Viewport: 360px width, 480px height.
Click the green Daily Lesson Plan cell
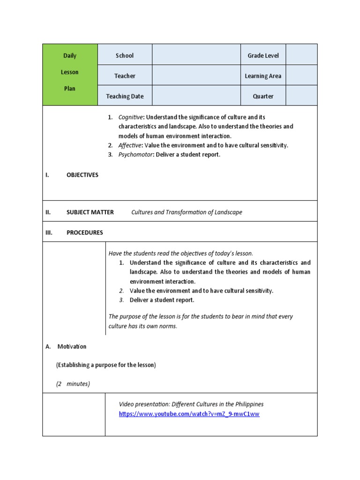pyautogui.click(x=70, y=75)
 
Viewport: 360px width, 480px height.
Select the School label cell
pyautogui.click(x=125, y=55)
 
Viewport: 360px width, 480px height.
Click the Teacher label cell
pyautogui.click(x=125, y=76)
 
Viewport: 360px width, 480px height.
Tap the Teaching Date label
pyautogui.click(x=125, y=96)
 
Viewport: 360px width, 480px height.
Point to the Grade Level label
pyautogui.click(x=263, y=55)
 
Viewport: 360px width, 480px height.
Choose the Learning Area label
pyautogui.click(x=263, y=76)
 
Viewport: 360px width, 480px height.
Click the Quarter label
pyautogui.click(x=263, y=96)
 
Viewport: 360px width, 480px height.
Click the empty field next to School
pyautogui.click(x=196, y=55)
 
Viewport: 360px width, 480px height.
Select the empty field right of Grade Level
pyautogui.click(x=301, y=55)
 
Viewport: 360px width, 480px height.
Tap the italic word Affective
pyautogui.click(x=130, y=145)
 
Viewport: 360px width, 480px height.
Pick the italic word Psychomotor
pyautogui.click(x=135, y=155)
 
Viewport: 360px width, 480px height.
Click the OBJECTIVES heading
pyautogui.click(x=82, y=175)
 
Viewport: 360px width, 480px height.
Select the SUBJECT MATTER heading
pyautogui.click(x=90, y=212)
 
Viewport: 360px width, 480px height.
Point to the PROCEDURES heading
pyautogui.click(x=84, y=232)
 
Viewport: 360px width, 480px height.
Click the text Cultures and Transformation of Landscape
pyautogui.click(x=187, y=212)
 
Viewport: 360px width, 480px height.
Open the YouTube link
pyautogui.click(x=189, y=414)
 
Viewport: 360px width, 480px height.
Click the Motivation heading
pyautogui.click(x=72, y=346)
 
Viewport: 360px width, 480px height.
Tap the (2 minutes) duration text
pyautogui.click(x=73, y=384)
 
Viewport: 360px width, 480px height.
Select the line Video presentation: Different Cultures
pyautogui.click(x=191, y=404)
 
